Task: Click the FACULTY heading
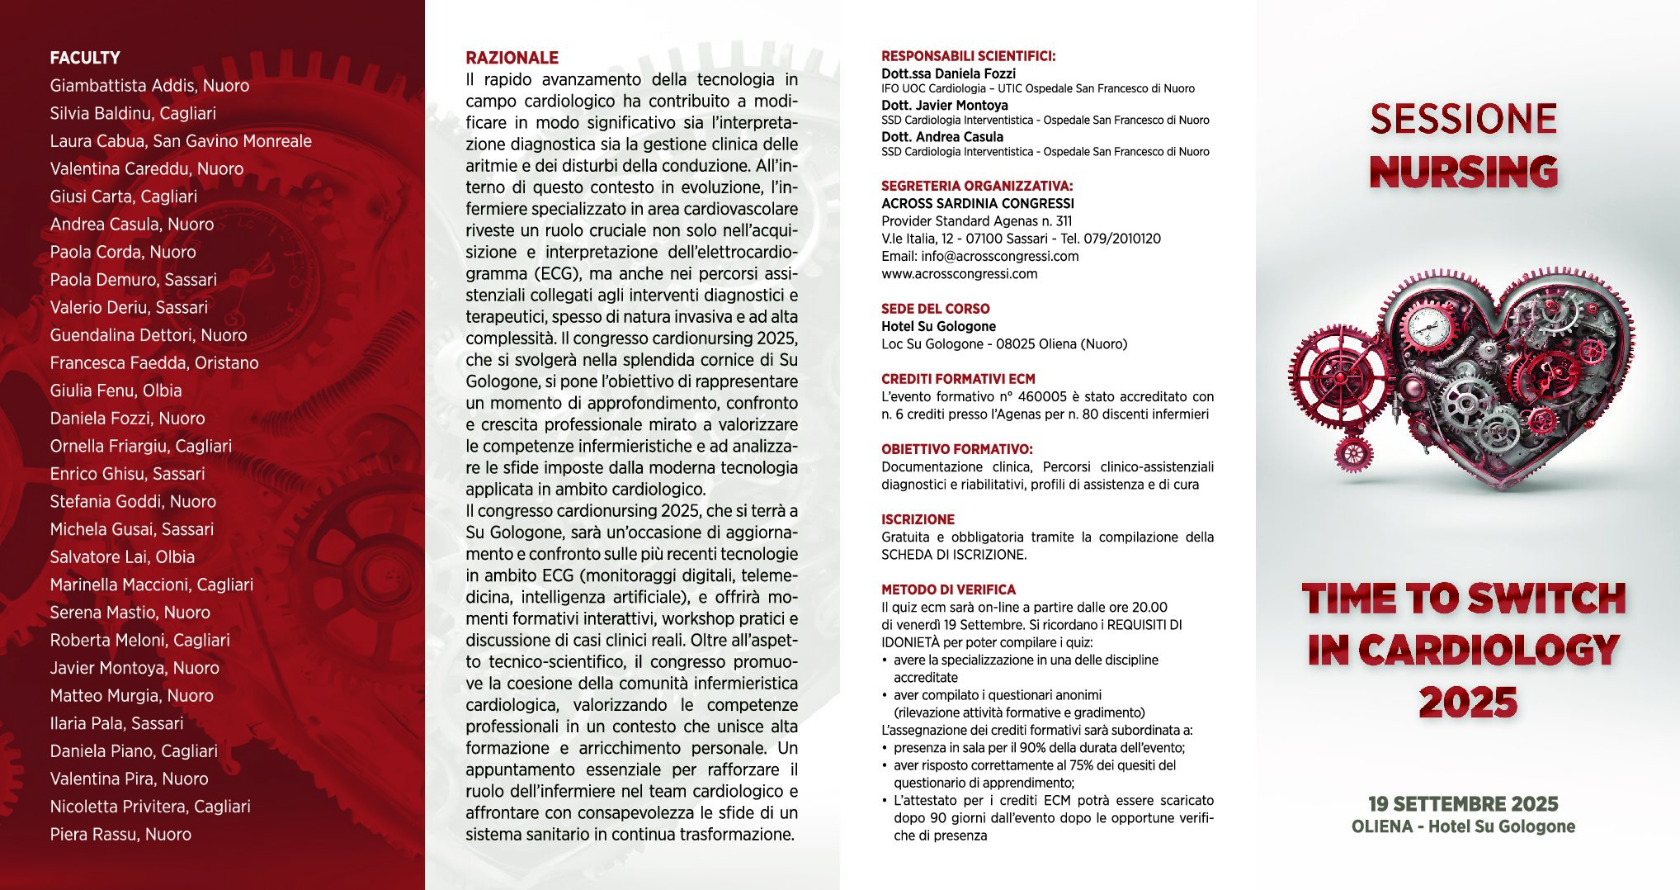[x=85, y=58]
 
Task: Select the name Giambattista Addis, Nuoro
[x=149, y=86]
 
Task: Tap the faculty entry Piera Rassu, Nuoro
[x=120, y=835]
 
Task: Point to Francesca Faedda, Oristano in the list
[x=154, y=363]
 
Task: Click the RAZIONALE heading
[x=512, y=58]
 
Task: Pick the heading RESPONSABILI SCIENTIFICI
[x=968, y=56]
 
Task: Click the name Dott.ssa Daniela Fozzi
[x=948, y=73]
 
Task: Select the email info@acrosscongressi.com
[x=999, y=256]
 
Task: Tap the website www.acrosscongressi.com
[x=959, y=274]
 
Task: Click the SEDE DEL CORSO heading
[x=935, y=309]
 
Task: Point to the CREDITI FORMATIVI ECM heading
[x=958, y=379]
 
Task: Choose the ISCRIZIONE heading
[x=918, y=519]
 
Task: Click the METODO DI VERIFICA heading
[x=948, y=589]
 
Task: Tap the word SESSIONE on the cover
[x=1463, y=119]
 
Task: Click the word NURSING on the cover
[x=1463, y=172]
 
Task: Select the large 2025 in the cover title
[x=1468, y=703]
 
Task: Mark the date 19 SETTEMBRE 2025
[x=1463, y=804]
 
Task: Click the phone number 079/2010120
[x=1121, y=239]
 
